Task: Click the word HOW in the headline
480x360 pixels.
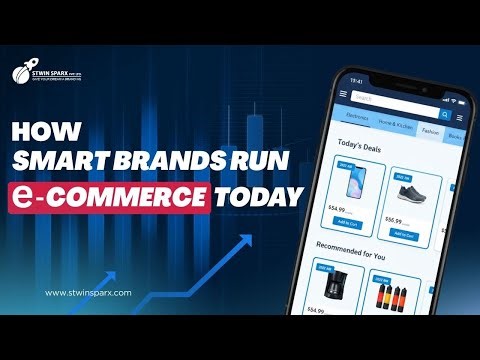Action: point(54,131)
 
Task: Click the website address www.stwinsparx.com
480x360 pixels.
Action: point(89,293)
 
